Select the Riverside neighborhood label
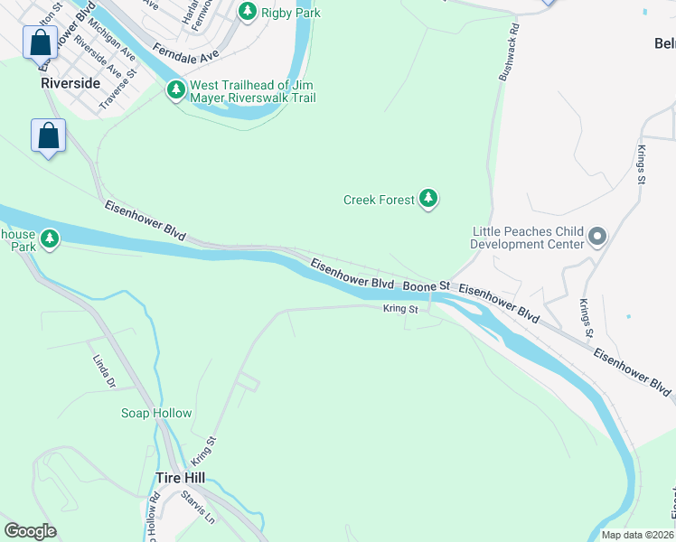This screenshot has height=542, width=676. (70, 82)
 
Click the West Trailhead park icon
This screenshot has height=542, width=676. (175, 90)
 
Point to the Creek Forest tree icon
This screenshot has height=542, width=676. (428, 200)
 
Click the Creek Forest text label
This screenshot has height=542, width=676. (379, 200)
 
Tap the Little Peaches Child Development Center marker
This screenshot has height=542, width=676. (596, 238)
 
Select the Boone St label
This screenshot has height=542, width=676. (426, 285)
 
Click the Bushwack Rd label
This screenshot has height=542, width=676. (507, 51)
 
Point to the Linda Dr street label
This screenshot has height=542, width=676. (105, 371)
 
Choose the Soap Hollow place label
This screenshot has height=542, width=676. (156, 413)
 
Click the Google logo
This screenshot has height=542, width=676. (30, 530)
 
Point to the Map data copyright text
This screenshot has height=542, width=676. (637, 535)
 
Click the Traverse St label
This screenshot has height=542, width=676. (117, 89)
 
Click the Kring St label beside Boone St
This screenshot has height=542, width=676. (400, 309)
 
